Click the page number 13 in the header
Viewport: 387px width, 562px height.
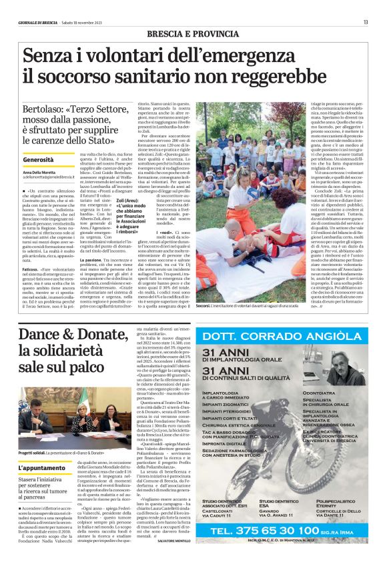(375, 5)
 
